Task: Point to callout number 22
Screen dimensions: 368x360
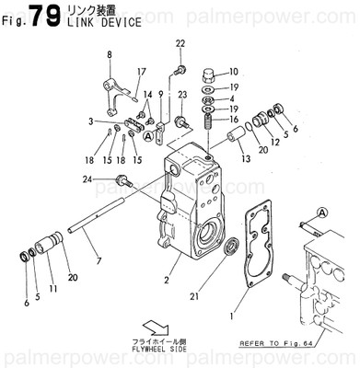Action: (180, 44)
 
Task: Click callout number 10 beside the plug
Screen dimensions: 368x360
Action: (233, 72)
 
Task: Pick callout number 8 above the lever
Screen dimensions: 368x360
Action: (109, 55)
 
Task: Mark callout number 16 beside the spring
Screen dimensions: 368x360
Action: (233, 120)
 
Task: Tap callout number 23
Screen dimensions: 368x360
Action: (183, 95)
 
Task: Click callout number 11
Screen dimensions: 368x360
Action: (52, 289)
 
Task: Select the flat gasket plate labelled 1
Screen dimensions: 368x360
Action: (257, 243)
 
